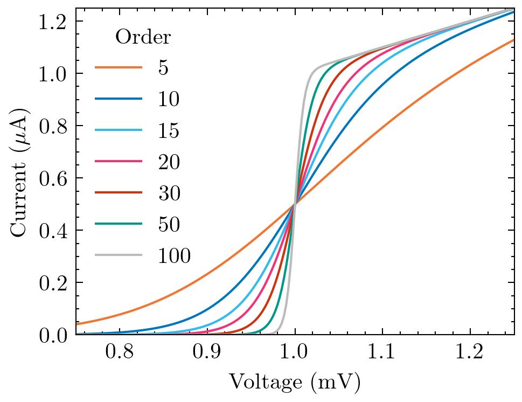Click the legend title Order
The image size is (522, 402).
pyautogui.click(x=143, y=37)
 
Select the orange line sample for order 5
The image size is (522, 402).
pyautogui.click(x=119, y=68)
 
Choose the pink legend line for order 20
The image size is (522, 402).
pyautogui.click(x=119, y=162)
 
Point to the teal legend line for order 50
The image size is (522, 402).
pyautogui.click(x=119, y=224)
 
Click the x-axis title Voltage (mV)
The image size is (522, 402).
pyautogui.click(x=295, y=383)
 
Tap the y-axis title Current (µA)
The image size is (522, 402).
pyautogui.click(x=19, y=171)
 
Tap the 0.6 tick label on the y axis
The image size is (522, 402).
pyautogui.click(x=53, y=178)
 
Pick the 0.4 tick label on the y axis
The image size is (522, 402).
pyautogui.click(x=53, y=231)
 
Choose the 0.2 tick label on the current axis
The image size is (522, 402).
pyautogui.click(x=53, y=283)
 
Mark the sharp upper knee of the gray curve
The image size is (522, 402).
pyautogui.click(x=314, y=68)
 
